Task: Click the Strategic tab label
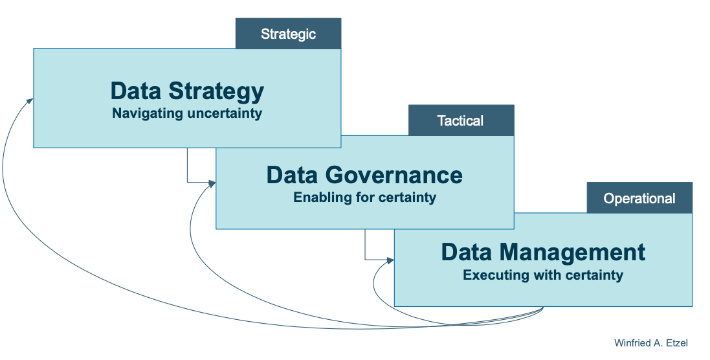click(288, 34)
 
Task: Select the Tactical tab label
click(460, 120)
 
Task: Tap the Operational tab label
click(639, 198)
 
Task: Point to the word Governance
click(394, 175)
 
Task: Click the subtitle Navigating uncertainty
click(187, 113)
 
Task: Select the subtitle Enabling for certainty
click(364, 197)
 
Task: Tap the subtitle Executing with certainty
click(543, 275)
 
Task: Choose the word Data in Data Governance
click(292, 175)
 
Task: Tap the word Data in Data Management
click(467, 252)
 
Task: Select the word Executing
click(491, 275)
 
